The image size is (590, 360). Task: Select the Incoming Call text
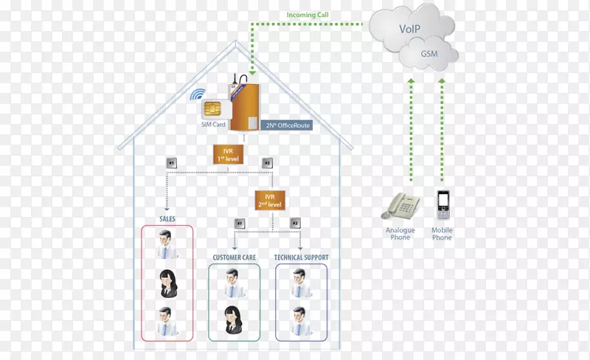pyautogui.click(x=308, y=15)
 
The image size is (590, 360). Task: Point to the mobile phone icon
pyautogui.click(x=443, y=206)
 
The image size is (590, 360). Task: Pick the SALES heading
pyautogui.click(x=167, y=219)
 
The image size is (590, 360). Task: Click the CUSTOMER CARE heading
pyautogui.click(x=235, y=257)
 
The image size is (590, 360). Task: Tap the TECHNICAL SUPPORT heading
pyautogui.click(x=301, y=257)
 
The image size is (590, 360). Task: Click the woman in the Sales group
pyautogui.click(x=167, y=283)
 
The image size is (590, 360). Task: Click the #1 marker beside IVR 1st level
pyautogui.click(x=171, y=162)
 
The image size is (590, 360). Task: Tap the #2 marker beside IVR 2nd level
pyautogui.click(x=296, y=223)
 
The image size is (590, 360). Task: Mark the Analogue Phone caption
pyautogui.click(x=400, y=234)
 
